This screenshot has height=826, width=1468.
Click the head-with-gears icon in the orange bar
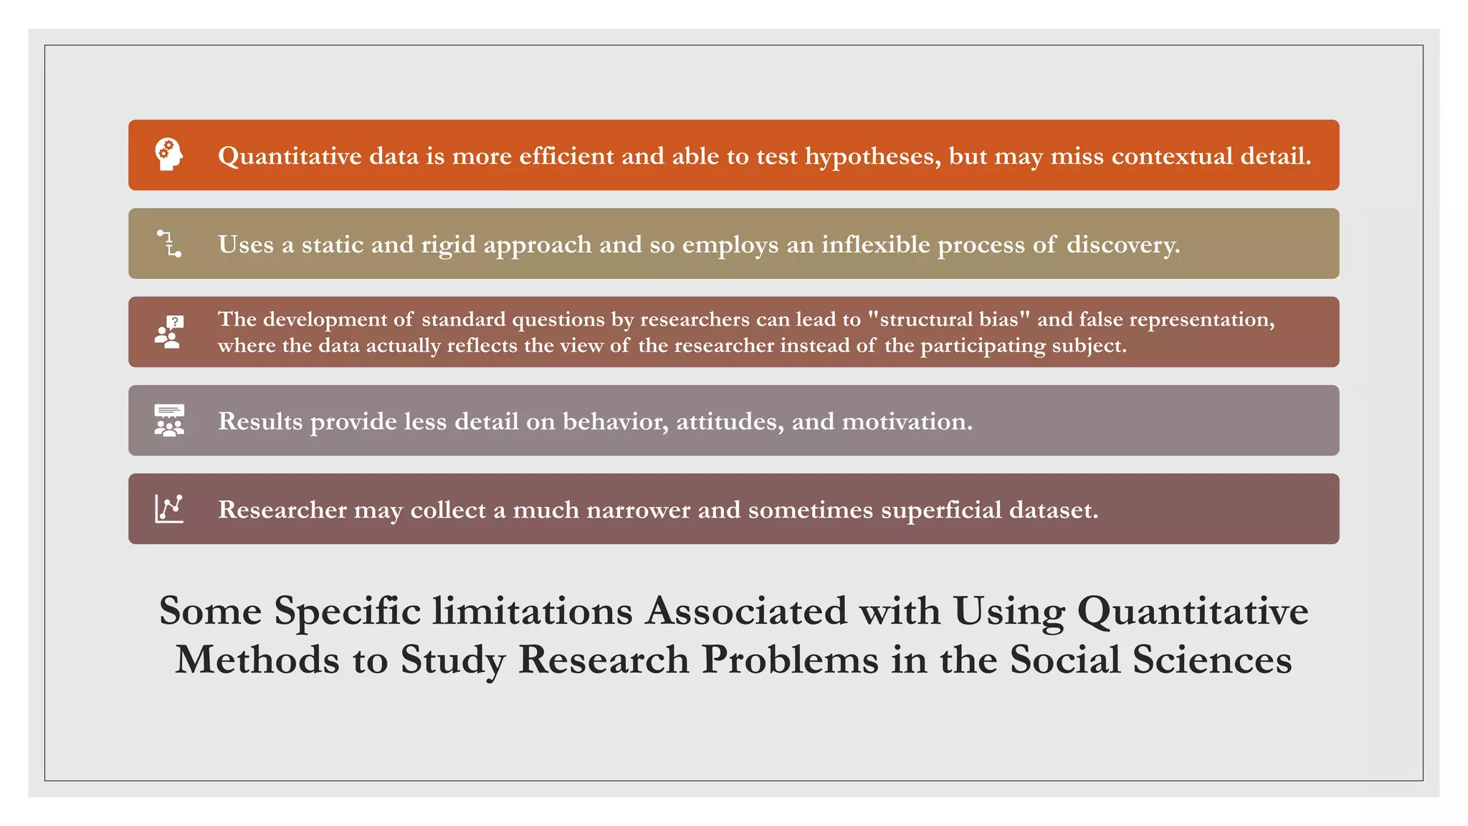point(169,154)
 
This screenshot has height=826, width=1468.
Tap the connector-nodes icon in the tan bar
point(169,244)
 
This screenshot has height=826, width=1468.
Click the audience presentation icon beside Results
point(169,420)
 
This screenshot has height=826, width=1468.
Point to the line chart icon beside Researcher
point(169,508)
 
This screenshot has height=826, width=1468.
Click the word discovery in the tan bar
point(1123,245)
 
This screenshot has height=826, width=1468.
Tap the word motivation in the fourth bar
point(907,422)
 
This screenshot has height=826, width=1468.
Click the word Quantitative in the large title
point(1192,612)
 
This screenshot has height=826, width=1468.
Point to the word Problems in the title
point(790,660)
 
